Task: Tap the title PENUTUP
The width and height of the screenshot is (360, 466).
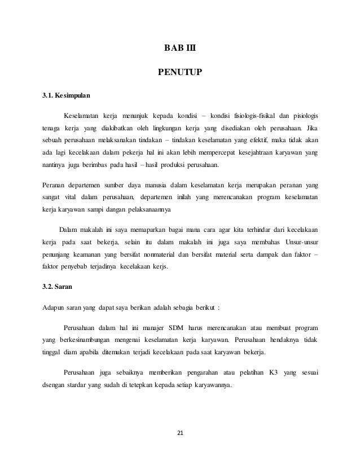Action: pyautogui.click(x=180, y=72)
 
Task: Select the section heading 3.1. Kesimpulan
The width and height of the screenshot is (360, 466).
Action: pyautogui.click(x=66, y=95)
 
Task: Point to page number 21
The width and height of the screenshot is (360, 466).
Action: pyautogui.click(x=181, y=433)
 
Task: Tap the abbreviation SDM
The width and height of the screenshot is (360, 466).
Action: pyautogui.click(x=172, y=327)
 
